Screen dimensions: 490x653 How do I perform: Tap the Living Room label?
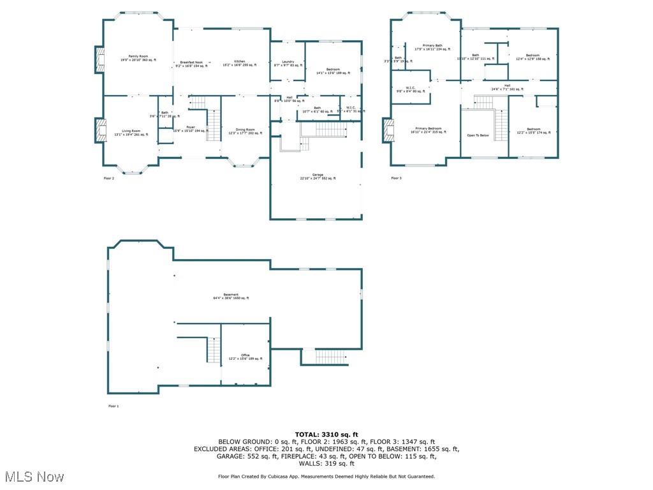(131, 131)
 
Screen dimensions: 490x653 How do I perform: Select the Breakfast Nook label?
(191, 61)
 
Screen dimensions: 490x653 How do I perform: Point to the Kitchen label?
(239, 61)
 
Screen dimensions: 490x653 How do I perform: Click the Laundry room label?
(288, 61)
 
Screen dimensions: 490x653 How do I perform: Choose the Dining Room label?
(246, 130)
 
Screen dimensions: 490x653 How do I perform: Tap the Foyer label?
(190, 127)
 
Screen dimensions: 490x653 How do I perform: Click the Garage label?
(317, 174)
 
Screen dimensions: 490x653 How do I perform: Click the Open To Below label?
(478, 135)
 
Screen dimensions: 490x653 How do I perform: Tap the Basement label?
(231, 295)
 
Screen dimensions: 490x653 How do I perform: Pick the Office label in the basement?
(246, 355)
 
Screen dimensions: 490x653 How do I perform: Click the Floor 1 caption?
(114, 406)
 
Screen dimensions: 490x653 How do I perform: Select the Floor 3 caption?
(397, 178)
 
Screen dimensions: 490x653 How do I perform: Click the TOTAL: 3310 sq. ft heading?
(326, 434)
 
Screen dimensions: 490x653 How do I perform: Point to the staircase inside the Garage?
(330, 130)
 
